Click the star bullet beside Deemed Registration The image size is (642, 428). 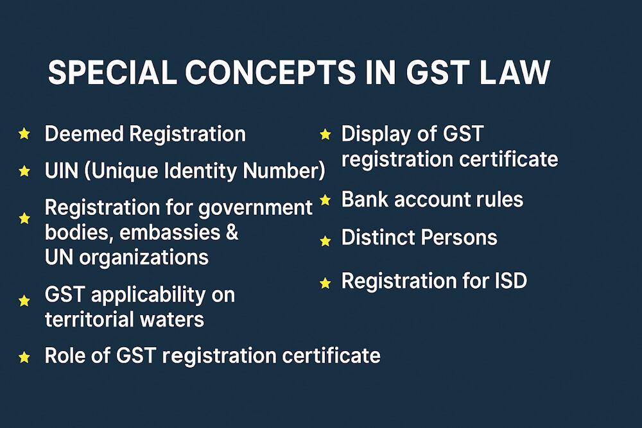pos(24,133)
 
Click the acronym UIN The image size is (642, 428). pos(61,171)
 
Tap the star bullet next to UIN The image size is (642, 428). pos(24,171)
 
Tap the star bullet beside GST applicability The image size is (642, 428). pos(24,300)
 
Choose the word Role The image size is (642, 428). pos(65,355)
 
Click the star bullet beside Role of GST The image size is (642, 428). pos(24,357)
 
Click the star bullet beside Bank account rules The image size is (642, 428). pos(325,200)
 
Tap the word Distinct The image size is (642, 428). pos(377,237)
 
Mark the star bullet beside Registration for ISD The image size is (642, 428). pos(325,282)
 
